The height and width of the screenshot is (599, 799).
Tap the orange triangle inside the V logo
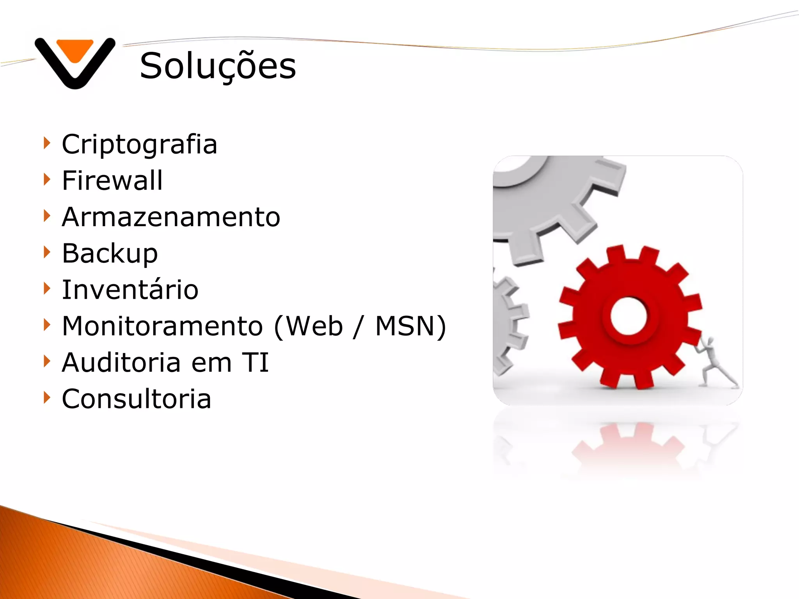(75, 49)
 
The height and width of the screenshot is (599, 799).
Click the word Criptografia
(139, 145)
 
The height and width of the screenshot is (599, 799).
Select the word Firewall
(112, 181)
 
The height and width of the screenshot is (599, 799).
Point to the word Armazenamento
(171, 217)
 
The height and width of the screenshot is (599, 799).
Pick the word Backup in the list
(110, 254)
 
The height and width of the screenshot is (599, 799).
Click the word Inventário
(130, 290)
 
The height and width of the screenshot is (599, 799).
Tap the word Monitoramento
(162, 326)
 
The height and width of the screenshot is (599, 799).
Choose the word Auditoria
(121, 363)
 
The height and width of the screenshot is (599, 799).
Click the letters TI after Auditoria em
(256, 363)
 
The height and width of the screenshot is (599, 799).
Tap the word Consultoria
(137, 399)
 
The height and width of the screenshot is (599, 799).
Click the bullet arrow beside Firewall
(47, 180)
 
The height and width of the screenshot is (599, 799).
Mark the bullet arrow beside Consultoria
(47, 398)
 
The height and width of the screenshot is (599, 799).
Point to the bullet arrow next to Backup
(47, 252)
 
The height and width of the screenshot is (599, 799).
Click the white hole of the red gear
(628, 316)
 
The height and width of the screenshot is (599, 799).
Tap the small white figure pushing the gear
(714, 363)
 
